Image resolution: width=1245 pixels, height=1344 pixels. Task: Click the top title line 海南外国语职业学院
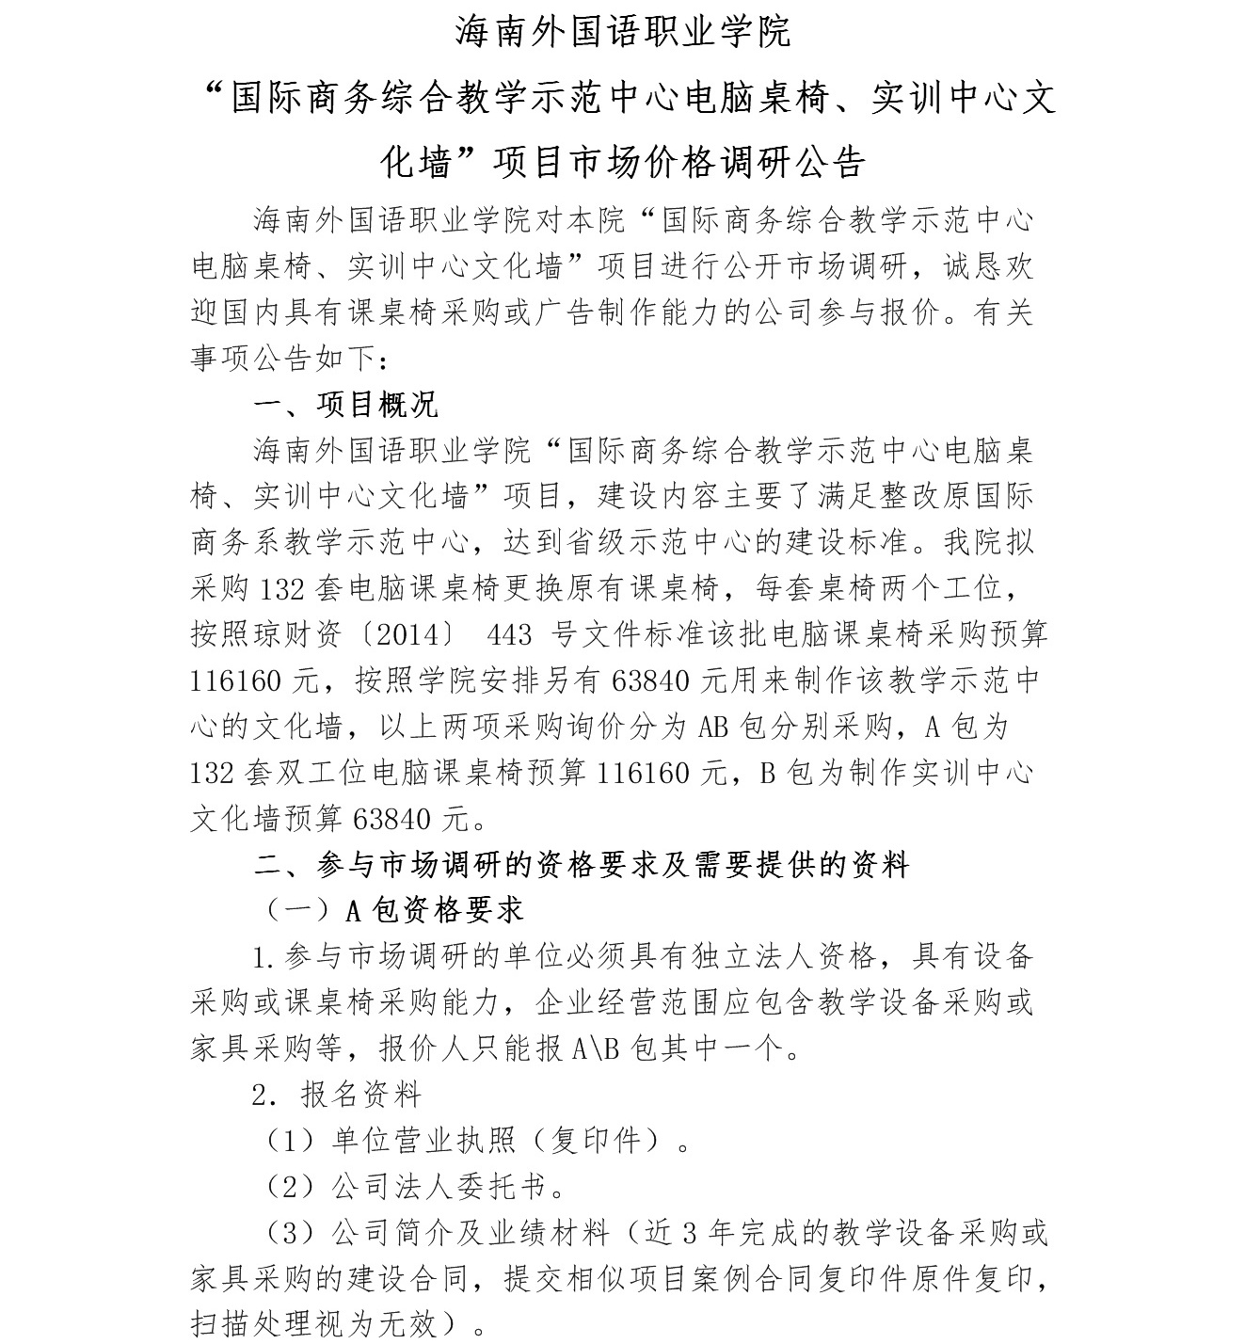[623, 31]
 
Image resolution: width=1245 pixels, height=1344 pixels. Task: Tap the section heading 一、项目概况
[346, 405]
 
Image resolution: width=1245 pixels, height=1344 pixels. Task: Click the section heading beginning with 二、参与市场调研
[582, 864]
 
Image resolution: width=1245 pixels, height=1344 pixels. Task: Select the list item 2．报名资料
[337, 1094]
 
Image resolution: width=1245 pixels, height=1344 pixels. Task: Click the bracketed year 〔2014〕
[412, 634]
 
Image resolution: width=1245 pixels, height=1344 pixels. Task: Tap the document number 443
[510, 634]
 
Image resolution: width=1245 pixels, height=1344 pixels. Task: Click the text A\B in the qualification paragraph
[596, 1048]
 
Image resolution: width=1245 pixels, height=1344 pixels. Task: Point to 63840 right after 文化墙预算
[392, 819]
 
